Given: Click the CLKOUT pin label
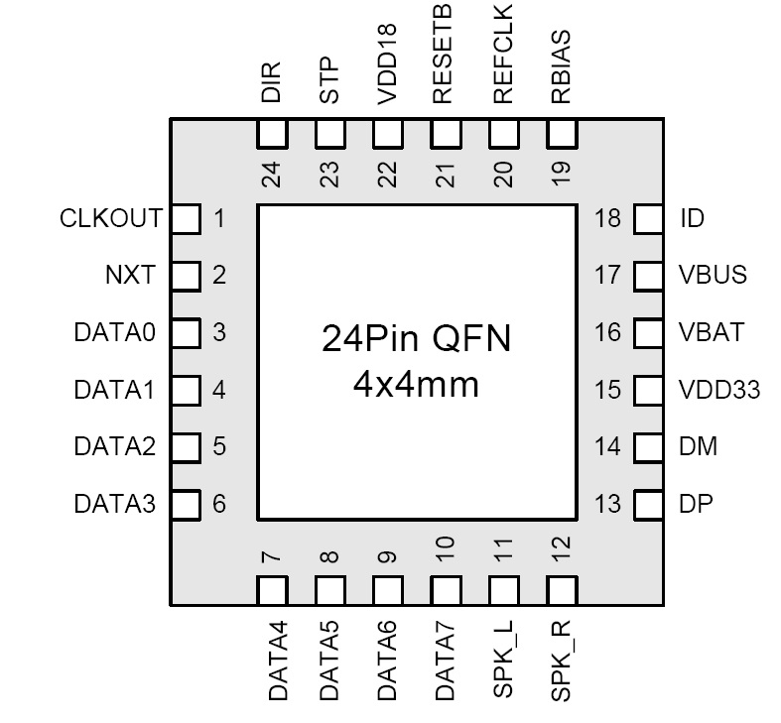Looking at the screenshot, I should click(110, 218).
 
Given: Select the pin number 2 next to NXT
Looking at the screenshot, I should click(219, 275).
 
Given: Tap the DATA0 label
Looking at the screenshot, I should click(114, 332).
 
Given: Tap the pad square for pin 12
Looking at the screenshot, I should click(561, 591).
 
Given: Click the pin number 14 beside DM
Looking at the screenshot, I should click(607, 446).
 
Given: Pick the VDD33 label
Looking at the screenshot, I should click(718, 390).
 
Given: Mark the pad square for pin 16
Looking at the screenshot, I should click(647, 332).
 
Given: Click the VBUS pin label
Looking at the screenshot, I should click(713, 275).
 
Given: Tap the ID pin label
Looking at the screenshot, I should click(692, 218).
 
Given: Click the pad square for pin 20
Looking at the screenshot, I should click(503, 133).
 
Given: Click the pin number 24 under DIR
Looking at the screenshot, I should click(273, 175).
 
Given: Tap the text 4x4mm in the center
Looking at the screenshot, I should click(416, 384).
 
